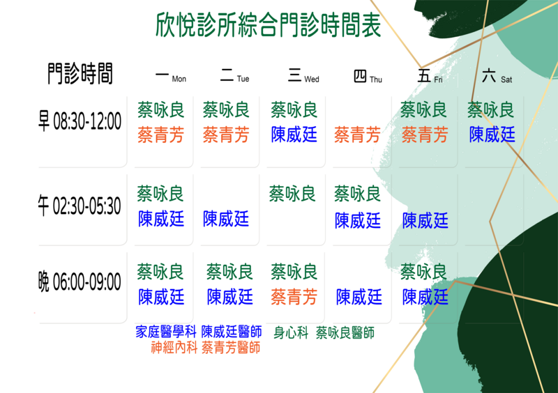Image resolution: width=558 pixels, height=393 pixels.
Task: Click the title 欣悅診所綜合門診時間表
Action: tap(269, 24)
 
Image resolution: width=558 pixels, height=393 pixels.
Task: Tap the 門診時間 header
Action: tap(80, 74)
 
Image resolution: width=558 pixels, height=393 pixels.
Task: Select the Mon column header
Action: tap(171, 77)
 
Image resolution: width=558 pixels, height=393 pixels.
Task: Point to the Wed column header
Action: tap(303, 76)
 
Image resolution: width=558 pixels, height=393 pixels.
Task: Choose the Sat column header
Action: tap(497, 76)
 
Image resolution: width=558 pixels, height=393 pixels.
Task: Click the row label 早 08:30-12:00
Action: tap(80, 121)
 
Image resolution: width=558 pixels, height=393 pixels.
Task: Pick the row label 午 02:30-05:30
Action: tap(80, 206)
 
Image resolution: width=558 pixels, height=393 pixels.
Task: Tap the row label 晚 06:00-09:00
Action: tap(80, 282)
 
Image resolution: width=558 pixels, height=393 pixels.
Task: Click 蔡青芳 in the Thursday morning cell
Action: tap(357, 135)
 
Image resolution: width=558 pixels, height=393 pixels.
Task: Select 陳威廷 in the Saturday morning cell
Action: tap(492, 134)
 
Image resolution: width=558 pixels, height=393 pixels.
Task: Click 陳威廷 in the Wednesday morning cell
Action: tap(294, 134)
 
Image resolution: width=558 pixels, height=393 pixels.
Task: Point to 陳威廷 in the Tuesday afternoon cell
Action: tap(226, 219)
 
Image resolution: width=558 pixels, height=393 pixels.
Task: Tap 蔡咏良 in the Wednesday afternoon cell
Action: tap(292, 194)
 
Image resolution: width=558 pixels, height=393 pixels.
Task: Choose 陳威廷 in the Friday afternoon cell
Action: tap(425, 220)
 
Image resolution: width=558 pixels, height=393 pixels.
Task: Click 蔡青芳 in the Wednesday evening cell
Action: tap(294, 297)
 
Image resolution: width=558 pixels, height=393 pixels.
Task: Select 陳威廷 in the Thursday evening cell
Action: tap(359, 297)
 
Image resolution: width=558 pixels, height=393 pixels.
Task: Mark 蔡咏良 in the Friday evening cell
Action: tap(423, 272)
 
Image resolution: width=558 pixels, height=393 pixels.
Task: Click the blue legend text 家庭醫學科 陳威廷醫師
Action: tap(199, 332)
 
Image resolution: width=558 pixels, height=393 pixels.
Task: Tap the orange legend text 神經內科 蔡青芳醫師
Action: tap(205, 348)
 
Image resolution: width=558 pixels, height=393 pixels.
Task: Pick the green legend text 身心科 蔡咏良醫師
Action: tap(324, 333)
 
